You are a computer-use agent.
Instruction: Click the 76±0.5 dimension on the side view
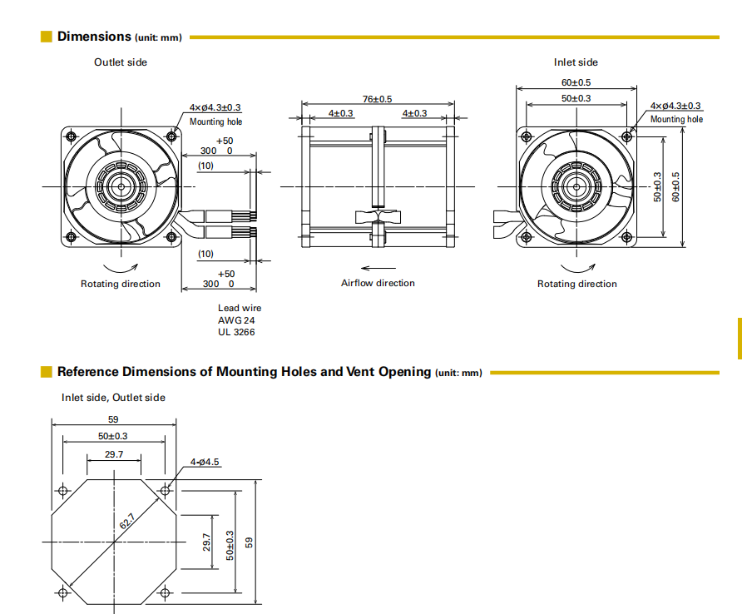378,99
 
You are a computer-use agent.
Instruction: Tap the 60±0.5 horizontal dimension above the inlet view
576,82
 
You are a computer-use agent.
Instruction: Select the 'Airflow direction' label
378,283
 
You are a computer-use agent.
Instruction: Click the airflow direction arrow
378,268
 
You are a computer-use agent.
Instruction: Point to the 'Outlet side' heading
121,62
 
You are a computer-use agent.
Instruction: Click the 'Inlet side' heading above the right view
576,62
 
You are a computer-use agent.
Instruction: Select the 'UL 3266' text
236,332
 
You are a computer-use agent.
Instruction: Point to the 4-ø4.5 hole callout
204,461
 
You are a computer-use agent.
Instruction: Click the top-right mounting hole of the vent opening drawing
165,491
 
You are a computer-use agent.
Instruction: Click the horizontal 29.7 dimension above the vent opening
114,454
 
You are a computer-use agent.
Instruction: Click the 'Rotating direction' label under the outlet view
121,284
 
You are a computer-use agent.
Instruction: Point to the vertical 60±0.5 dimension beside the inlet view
676,187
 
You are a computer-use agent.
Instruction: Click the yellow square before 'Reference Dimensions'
47,372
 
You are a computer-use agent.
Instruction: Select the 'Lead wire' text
240,308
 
